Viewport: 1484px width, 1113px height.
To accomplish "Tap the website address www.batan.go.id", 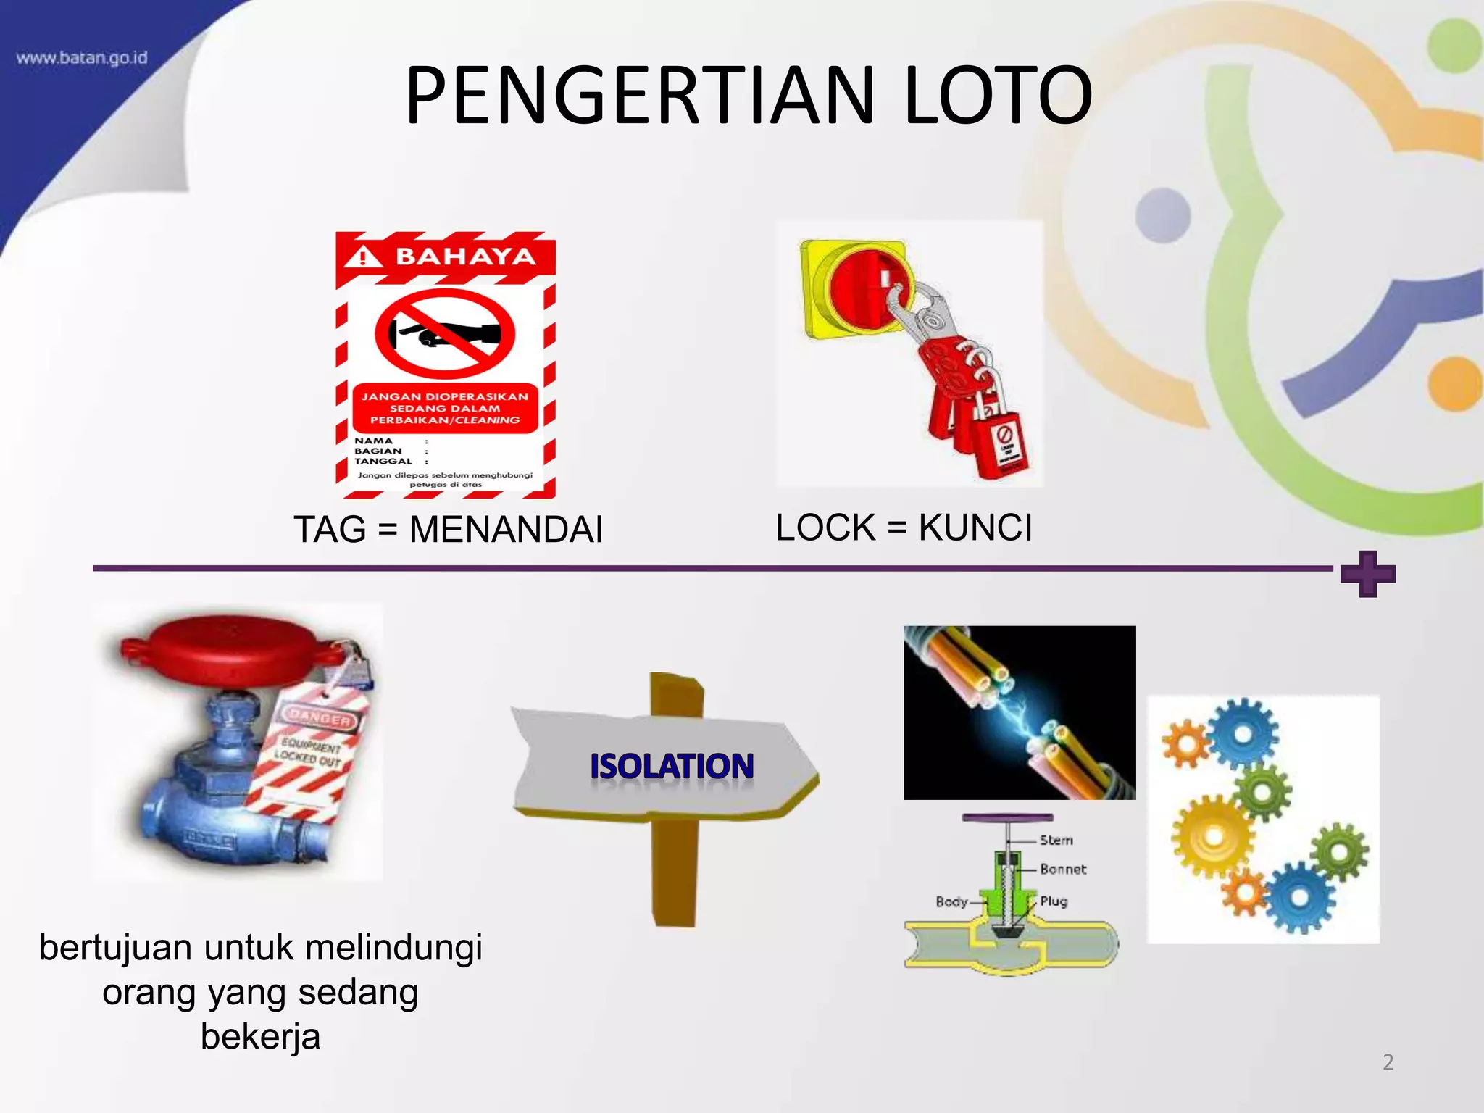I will point(81,58).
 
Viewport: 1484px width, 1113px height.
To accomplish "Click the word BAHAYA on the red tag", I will point(464,257).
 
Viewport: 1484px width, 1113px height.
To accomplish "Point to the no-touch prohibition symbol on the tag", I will point(445,334).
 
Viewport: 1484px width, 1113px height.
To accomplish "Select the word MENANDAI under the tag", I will point(506,529).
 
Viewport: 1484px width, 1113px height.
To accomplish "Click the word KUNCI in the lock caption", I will point(975,527).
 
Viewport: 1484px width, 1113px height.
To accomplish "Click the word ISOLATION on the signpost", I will point(672,767).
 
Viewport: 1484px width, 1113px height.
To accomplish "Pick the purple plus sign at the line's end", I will point(1367,574).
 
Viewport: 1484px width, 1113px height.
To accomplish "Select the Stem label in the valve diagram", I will point(1056,840).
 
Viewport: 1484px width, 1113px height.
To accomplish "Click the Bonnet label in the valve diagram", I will point(1063,869).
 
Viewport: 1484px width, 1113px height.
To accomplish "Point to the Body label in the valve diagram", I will point(951,901).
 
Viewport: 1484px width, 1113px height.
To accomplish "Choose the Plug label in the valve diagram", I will point(1054,901).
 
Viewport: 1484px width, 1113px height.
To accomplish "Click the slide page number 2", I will point(1388,1062).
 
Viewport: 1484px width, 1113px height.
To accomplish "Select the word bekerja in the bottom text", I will point(260,1036).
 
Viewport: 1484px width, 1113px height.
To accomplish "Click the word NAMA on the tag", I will point(373,441).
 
